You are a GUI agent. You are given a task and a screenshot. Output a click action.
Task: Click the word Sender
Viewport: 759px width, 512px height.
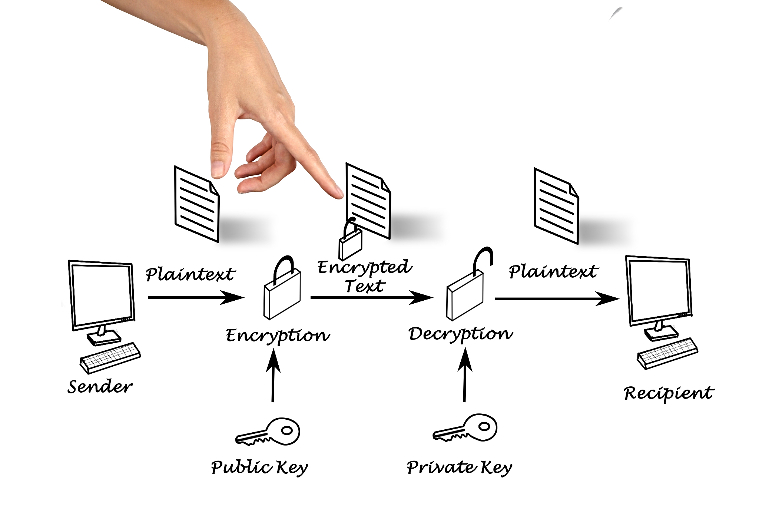click(100, 387)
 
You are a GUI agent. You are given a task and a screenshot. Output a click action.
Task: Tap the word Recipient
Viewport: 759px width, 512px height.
click(669, 393)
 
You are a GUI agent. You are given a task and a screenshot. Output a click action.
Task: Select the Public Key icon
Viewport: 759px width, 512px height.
click(268, 432)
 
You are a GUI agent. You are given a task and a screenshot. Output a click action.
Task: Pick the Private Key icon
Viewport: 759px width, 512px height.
click(466, 428)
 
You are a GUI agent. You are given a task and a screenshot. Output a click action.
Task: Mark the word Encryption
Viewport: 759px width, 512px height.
click(278, 336)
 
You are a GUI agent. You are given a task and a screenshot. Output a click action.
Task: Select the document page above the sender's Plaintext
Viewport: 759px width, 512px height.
click(197, 204)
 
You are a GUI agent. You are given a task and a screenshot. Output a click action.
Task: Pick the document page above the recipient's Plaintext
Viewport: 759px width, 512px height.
click(556, 206)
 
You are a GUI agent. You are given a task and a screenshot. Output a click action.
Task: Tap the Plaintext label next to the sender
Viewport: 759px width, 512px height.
click(190, 275)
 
